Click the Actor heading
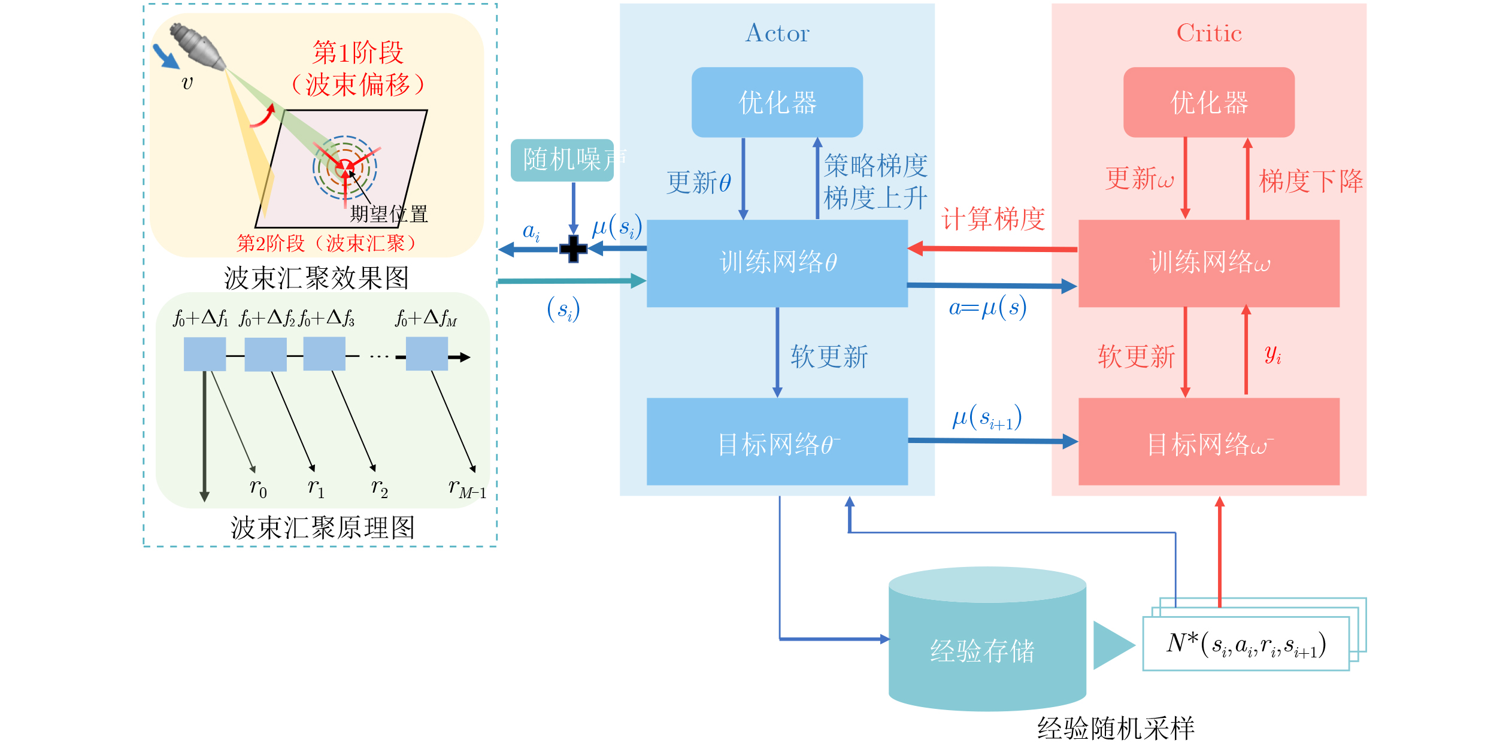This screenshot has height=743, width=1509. click(x=777, y=33)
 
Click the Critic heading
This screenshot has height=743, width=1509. click(x=1209, y=33)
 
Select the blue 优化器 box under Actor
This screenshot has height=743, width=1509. click(x=777, y=102)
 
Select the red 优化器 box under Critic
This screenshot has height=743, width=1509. click(x=1209, y=102)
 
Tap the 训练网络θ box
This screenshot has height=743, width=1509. click(x=777, y=263)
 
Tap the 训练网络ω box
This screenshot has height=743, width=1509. click(x=1209, y=263)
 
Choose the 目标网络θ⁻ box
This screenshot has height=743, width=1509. click(x=777, y=442)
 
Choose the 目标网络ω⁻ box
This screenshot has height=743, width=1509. click(x=1209, y=442)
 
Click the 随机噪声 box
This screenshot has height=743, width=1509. click(x=562, y=160)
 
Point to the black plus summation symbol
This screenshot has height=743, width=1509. click(x=573, y=249)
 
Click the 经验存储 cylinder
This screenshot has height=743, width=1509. click(x=987, y=639)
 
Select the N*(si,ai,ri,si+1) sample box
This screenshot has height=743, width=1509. click(x=1246, y=644)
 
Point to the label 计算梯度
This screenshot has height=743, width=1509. click(x=993, y=219)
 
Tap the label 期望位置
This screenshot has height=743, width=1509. click(x=389, y=214)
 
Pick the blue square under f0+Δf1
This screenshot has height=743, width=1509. click(x=205, y=354)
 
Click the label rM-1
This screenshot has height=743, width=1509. click(x=468, y=489)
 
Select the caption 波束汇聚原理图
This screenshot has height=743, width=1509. click(x=323, y=528)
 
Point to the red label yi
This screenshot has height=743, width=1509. click(x=1273, y=354)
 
